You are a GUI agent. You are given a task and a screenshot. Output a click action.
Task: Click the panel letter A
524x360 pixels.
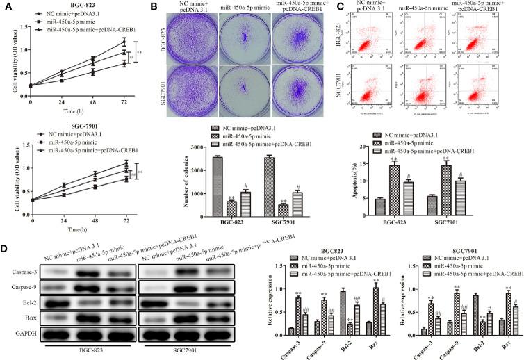click(6, 6)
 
